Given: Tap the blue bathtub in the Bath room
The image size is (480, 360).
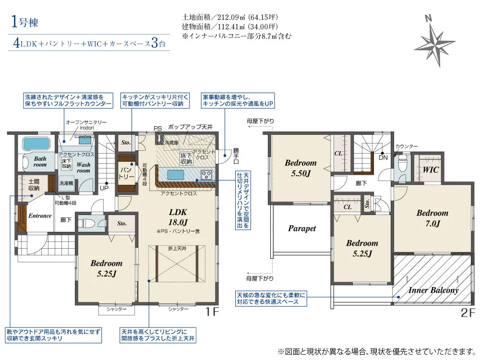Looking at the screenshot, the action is click(x=36, y=143).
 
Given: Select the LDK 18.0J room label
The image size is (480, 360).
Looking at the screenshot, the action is click(x=178, y=217).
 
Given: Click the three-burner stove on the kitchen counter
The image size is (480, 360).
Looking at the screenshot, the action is click(x=206, y=175).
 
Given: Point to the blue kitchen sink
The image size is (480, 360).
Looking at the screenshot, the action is click(x=176, y=175).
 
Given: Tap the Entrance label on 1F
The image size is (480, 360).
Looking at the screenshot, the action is click(x=40, y=216).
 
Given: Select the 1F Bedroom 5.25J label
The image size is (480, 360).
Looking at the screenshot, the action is click(x=107, y=268).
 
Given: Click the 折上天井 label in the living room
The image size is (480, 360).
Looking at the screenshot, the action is click(x=177, y=248).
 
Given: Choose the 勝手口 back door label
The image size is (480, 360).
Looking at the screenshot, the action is click(x=236, y=156).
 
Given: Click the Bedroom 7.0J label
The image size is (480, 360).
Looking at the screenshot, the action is click(x=432, y=218).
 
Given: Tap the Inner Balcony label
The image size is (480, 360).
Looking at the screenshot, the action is click(x=433, y=290).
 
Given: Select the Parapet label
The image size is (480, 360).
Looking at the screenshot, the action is click(x=302, y=228).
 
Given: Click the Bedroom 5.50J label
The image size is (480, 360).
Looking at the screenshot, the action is click(x=300, y=168).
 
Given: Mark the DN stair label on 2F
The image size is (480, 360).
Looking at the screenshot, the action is click(x=383, y=157).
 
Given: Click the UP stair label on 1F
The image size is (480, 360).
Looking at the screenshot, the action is click(x=104, y=188).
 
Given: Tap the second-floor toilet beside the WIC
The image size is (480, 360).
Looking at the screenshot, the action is click(x=401, y=164).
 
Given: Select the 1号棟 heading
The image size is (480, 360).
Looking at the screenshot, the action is click(x=24, y=23).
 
